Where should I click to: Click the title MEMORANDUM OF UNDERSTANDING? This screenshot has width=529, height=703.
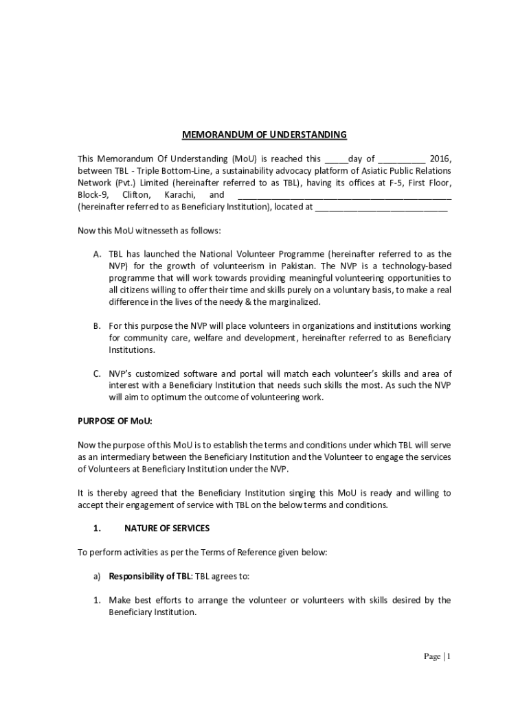[x=264, y=135]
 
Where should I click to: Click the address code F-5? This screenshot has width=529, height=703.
[x=385, y=183]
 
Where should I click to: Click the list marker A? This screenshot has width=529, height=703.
[x=98, y=254]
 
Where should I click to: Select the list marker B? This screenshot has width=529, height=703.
[x=98, y=326]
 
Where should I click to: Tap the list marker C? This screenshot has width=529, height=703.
[x=98, y=374]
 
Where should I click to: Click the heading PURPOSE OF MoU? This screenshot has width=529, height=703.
[x=115, y=421]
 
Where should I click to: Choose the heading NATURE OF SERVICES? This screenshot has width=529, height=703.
[x=167, y=528]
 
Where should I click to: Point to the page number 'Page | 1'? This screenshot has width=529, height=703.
[x=436, y=657]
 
